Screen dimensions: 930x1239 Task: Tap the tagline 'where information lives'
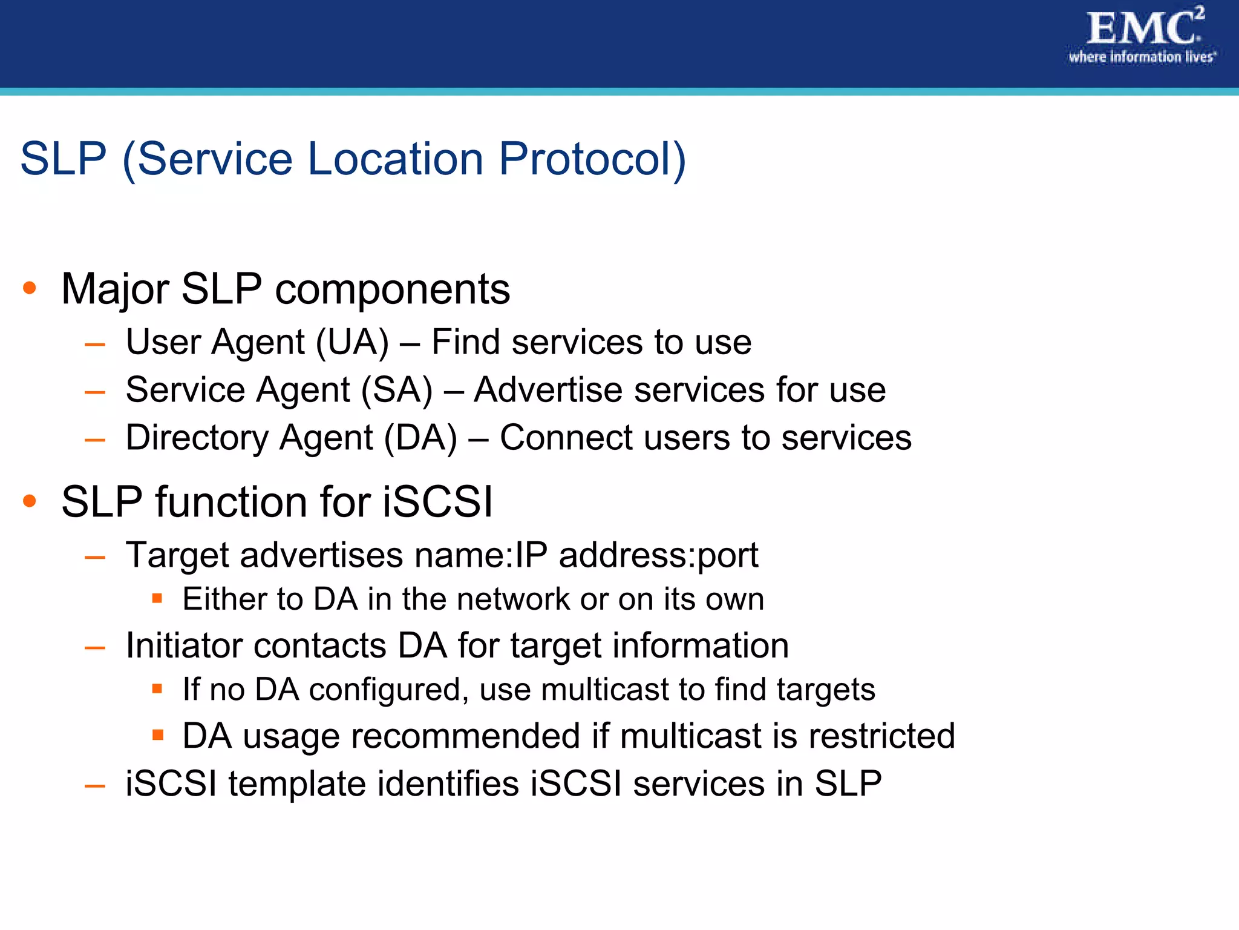[1142, 58]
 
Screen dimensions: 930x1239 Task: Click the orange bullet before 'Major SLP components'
[29, 288]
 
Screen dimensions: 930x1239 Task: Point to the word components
[393, 289]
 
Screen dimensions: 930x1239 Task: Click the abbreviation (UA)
[353, 343]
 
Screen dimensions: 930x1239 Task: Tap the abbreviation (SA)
[397, 390]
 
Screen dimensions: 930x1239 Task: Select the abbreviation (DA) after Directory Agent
[421, 438]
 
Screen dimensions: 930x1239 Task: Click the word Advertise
[548, 390]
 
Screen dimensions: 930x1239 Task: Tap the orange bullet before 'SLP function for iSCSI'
[29, 501]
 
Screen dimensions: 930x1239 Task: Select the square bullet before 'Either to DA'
[157, 599]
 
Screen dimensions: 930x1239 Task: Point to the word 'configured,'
[389, 690]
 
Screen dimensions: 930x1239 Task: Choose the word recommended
[466, 736]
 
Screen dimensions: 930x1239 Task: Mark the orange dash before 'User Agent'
[96, 345]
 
